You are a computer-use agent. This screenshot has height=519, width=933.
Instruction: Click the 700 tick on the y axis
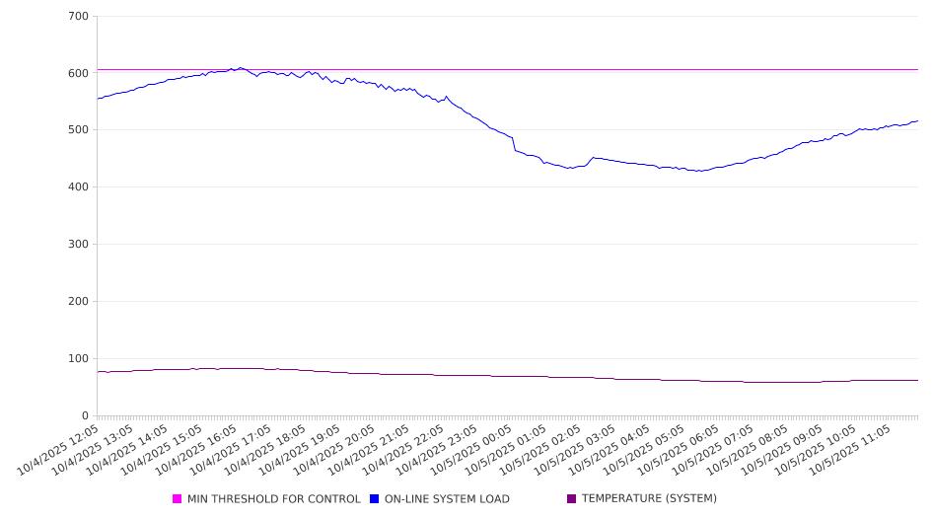tap(79, 17)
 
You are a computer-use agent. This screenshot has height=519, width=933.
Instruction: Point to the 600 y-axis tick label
tap(79, 73)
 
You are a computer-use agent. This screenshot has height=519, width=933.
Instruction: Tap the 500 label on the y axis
tap(79, 130)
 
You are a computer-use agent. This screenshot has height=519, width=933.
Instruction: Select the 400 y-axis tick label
tap(79, 187)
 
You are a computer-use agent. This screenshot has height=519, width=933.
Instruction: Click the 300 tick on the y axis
tap(79, 245)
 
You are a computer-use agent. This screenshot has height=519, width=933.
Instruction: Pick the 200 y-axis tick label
tap(79, 302)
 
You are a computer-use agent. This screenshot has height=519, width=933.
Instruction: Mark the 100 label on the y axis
tap(79, 359)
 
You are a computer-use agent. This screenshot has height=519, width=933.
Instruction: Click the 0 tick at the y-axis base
tap(85, 416)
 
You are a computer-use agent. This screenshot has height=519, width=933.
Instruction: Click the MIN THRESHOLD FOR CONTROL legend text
tap(273, 499)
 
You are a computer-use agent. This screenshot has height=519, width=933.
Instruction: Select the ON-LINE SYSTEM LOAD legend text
tap(447, 499)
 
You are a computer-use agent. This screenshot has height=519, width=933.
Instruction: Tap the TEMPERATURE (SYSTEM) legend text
tap(649, 499)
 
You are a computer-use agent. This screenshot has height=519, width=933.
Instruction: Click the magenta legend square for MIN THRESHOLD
tap(178, 499)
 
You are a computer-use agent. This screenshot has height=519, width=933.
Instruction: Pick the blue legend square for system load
tap(375, 499)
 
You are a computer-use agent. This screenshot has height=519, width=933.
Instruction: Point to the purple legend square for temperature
tap(572, 499)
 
